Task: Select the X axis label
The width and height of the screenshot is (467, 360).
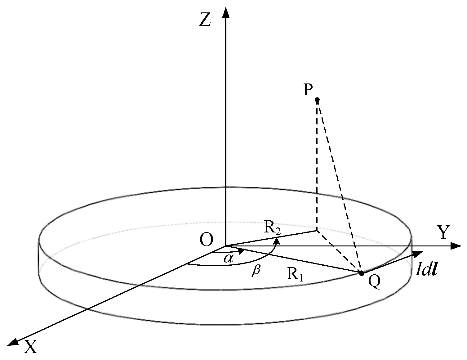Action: (30, 347)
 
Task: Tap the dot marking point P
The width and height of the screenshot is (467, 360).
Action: (317, 100)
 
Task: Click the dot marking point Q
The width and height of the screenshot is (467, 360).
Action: (361, 273)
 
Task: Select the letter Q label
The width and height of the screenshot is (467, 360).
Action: (374, 282)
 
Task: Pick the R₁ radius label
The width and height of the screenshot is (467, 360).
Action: (295, 274)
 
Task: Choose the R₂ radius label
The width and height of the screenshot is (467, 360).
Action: (273, 227)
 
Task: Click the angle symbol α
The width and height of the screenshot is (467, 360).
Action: (229, 258)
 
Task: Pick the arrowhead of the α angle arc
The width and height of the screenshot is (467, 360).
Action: (242, 250)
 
